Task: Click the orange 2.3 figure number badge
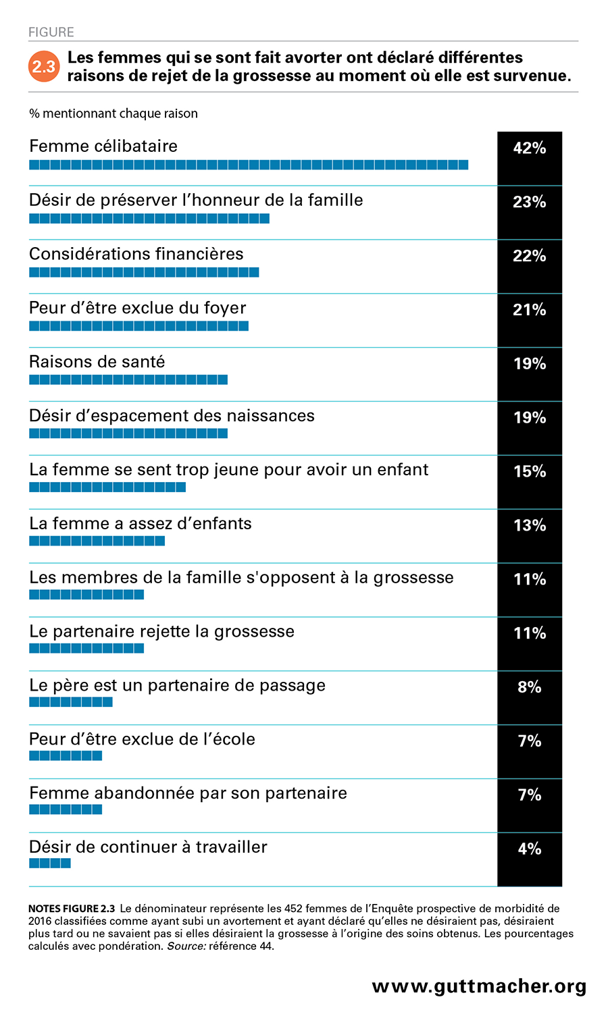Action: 44,67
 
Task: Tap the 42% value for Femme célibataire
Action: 530,148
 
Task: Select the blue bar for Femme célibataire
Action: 249,165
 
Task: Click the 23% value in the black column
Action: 530,202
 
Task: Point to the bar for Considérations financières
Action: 144,272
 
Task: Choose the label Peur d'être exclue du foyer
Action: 138,308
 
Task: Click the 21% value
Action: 530,310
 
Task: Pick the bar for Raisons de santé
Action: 128,380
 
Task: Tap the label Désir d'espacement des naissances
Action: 172,416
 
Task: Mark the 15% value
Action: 530,471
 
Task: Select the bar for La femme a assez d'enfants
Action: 97,541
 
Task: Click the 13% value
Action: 530,525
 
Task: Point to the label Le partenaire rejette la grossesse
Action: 162,632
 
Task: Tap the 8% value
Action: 530,687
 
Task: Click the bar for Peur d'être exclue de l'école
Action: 66,756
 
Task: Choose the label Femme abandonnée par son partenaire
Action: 188,793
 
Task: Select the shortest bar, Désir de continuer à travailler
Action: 50,863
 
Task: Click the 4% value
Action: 530,849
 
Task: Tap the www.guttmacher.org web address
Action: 479,986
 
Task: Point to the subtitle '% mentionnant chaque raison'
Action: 113,113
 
